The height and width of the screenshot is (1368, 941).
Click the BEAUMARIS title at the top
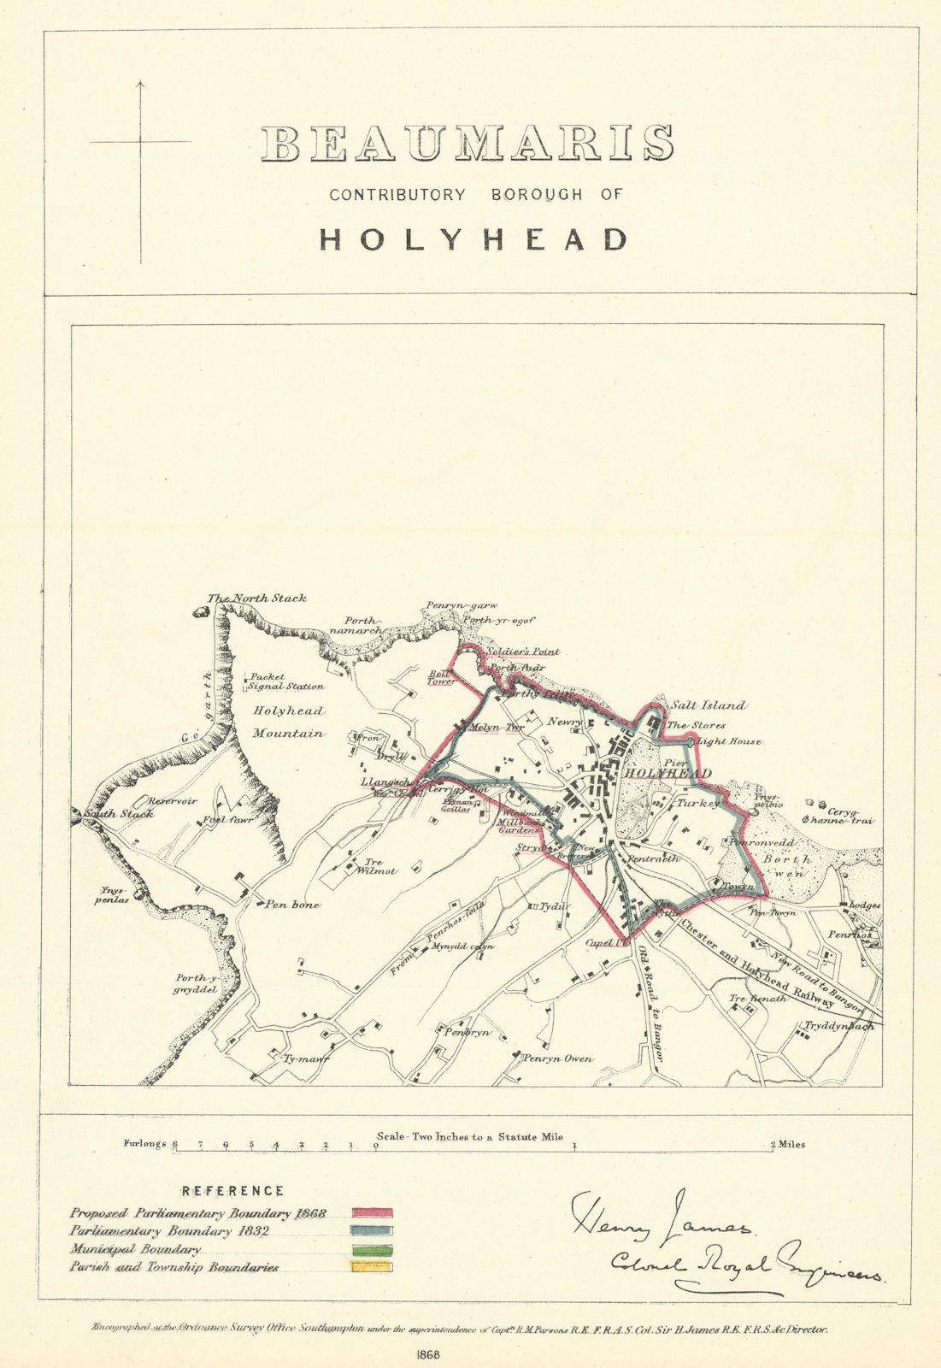[468, 144]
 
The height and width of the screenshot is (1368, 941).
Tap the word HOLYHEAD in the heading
[473, 239]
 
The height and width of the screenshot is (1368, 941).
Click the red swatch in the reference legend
[372, 1213]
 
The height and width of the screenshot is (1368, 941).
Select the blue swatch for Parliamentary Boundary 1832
[372, 1231]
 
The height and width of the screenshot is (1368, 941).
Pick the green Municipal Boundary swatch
[372, 1249]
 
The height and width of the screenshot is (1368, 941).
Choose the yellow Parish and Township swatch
[372, 1266]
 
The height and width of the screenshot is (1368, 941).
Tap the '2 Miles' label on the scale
[787, 1144]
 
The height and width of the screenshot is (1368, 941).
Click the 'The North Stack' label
[257, 598]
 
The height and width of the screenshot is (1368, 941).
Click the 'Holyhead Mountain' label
[288, 722]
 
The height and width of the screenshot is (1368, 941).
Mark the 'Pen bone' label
[291, 905]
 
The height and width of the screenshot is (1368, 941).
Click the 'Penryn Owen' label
[558, 1058]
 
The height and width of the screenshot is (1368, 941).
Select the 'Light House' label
[728, 742]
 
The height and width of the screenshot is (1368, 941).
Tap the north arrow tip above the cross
[140, 82]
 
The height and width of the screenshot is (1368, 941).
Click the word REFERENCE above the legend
[232, 1191]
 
